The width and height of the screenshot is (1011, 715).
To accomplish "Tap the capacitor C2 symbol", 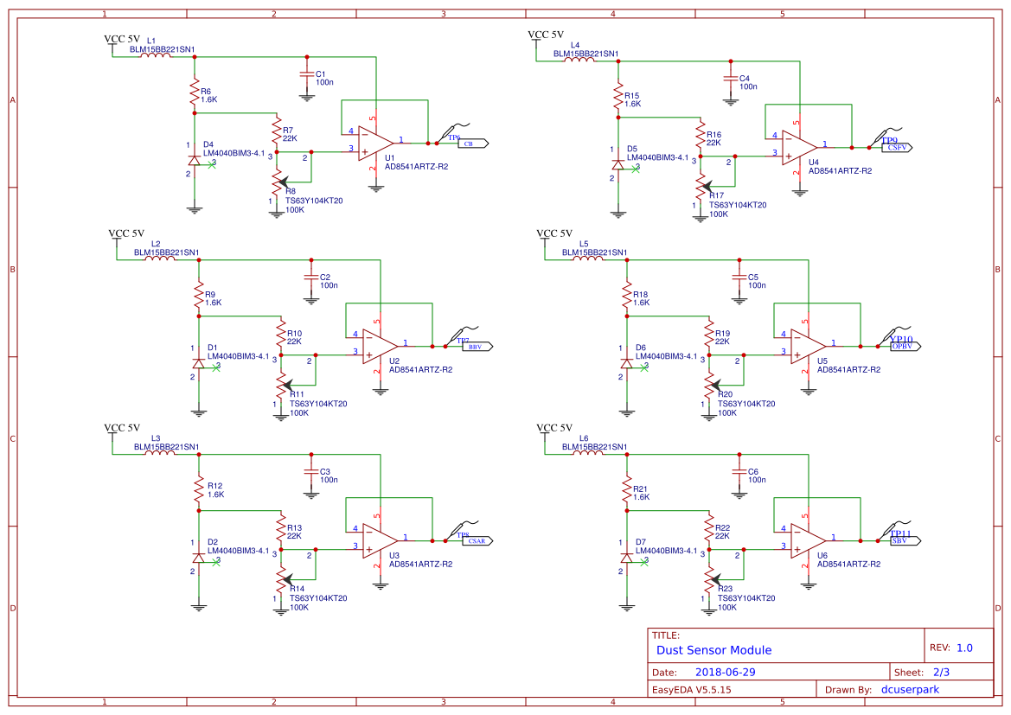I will [310, 278].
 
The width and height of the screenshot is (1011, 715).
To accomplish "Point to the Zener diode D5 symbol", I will [617, 163].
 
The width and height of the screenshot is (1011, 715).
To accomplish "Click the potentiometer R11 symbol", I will [280, 383].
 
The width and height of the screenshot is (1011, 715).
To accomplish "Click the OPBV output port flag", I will [905, 346].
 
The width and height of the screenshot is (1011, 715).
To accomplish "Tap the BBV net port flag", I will [477, 347].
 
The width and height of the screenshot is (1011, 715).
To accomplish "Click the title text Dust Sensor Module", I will [713, 650].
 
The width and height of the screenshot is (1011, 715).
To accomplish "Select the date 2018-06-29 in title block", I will [725, 672].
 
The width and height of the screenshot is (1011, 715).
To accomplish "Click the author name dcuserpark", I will [909, 689].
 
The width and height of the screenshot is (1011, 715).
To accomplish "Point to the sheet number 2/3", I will [941, 672].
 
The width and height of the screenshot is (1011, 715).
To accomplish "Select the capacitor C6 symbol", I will [739, 471].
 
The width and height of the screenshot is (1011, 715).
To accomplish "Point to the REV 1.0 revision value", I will [964, 648].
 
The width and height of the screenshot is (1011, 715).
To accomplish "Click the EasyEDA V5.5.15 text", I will [691, 689].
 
